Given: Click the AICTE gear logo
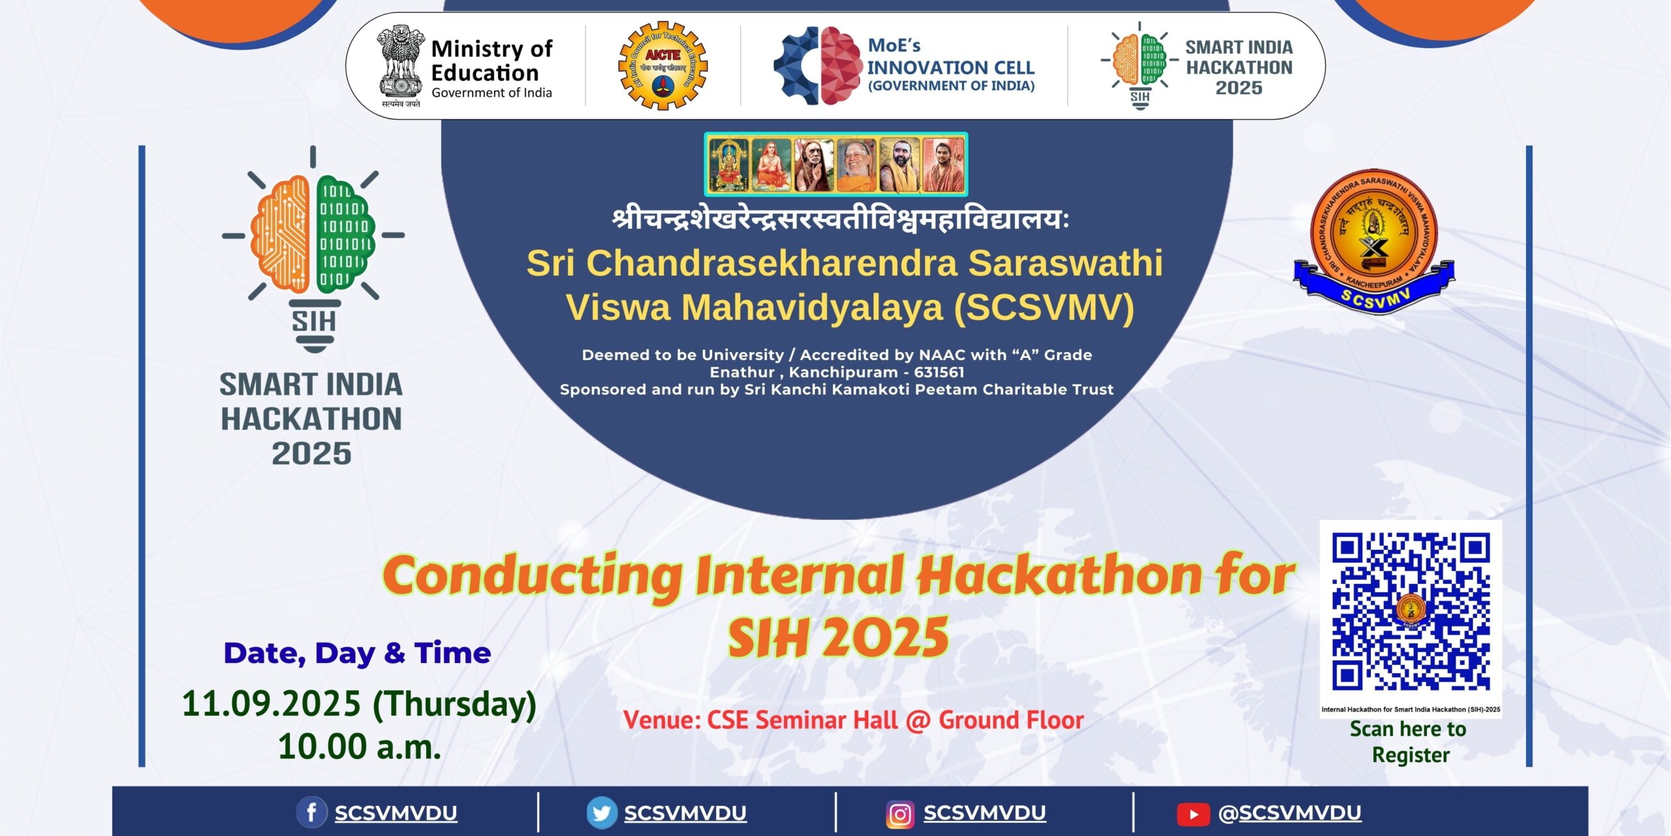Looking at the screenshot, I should click(663, 65).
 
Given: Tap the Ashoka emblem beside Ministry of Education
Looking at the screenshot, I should click(400, 65).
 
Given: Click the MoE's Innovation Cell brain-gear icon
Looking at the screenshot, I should click(818, 65).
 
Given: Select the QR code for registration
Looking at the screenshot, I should click(1411, 612).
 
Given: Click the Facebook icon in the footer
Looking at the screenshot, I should click(311, 813).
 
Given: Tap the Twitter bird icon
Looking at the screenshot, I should click(601, 813).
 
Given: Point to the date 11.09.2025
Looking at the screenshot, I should click(271, 703).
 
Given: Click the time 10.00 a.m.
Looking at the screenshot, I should click(359, 747).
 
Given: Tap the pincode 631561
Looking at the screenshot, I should click(939, 372).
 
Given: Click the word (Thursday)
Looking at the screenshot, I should click(454, 704).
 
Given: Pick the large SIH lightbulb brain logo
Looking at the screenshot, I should click(313, 248).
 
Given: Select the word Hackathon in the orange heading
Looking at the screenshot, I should click(1058, 575).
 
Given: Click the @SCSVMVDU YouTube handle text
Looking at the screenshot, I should click(1289, 813).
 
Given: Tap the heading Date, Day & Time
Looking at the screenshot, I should click(357, 653).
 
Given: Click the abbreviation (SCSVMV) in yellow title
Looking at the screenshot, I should click(1044, 307).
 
